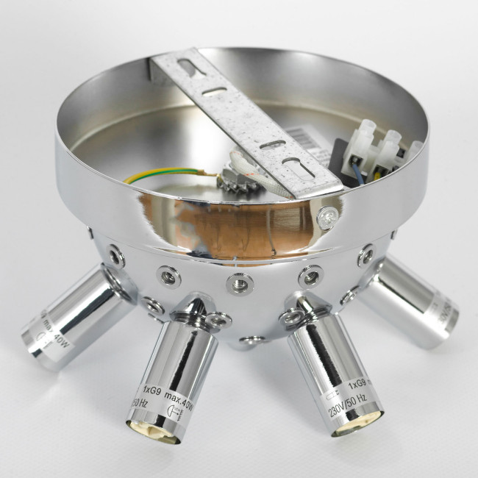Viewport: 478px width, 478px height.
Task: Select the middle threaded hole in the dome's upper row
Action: pyautogui.click(x=240, y=281)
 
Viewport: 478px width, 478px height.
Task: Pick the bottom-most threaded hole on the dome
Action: pyautogui.click(x=252, y=340)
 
